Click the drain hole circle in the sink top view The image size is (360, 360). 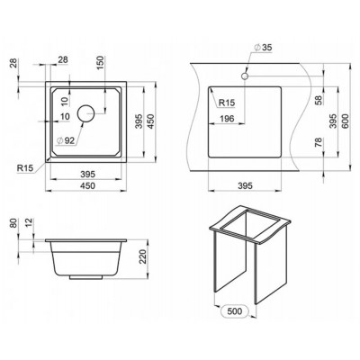tap(86, 113)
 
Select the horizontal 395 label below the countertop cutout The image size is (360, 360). tap(244, 186)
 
